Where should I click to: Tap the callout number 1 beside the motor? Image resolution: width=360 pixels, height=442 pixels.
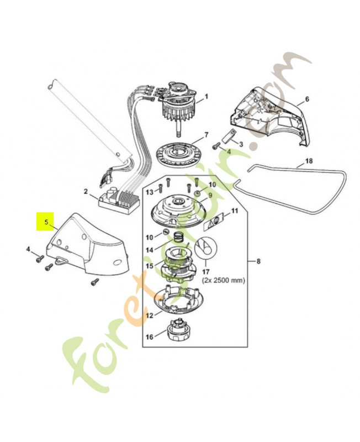206,97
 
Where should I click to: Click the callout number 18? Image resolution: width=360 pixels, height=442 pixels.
308,161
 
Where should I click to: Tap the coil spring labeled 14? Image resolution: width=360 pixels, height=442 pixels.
178,238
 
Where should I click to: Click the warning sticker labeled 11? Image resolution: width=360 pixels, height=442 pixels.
215,222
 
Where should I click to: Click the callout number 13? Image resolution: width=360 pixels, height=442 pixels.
149,191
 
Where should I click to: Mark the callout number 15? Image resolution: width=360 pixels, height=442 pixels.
150,266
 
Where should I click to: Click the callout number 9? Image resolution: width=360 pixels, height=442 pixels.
210,194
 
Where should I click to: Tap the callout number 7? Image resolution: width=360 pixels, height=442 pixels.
206,135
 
